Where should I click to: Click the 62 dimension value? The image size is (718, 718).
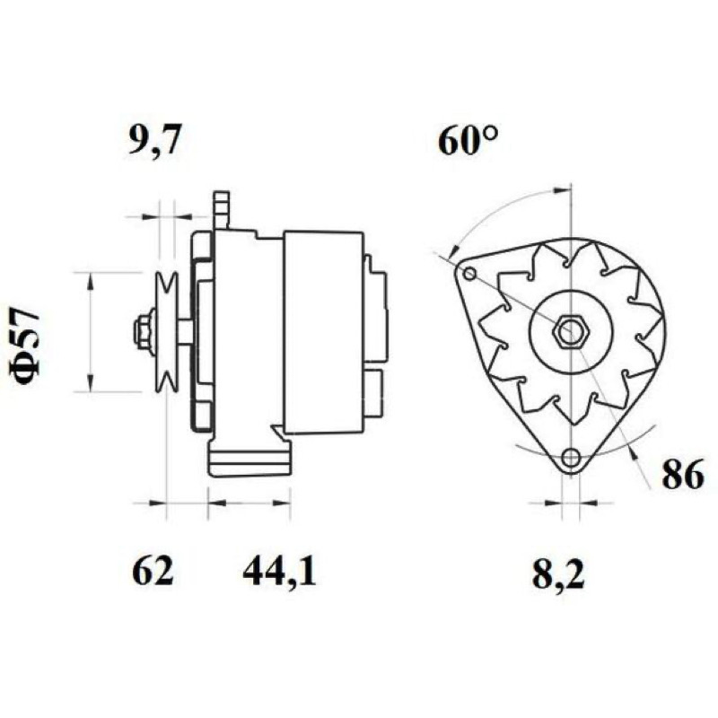click(153, 571)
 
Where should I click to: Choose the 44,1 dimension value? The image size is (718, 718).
click(279, 572)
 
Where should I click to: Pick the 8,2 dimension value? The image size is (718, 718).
click(558, 574)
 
